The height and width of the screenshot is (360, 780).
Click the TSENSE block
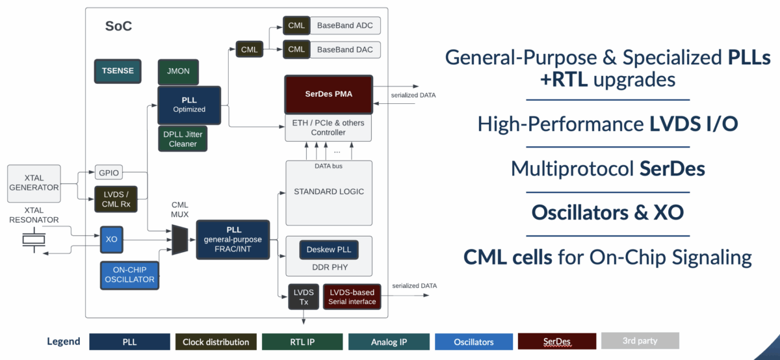pyautogui.click(x=118, y=71)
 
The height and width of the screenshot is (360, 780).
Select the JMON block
pyautogui.click(x=178, y=71)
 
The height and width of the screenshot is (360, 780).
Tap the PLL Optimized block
pyautogui.click(x=189, y=105)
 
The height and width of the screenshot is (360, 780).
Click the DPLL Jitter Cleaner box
pyautogui.click(x=183, y=139)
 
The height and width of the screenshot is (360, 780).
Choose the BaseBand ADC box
pyautogui.click(x=344, y=27)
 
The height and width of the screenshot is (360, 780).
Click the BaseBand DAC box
pyautogui.click(x=344, y=49)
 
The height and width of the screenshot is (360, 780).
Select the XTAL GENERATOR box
pyautogui.click(x=34, y=183)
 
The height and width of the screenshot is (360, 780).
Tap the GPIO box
pyautogui.click(x=109, y=174)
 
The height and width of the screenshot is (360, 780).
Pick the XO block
pyautogui.click(x=111, y=239)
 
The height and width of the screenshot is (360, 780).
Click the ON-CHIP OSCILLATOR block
pyautogui.click(x=129, y=275)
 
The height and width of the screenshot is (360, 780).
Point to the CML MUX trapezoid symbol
pyautogui.click(x=179, y=239)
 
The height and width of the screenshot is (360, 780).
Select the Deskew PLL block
pyautogui.click(x=328, y=250)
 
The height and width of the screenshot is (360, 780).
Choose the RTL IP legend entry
pyautogui.click(x=302, y=342)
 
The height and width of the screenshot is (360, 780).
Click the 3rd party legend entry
pyautogui.click(x=640, y=341)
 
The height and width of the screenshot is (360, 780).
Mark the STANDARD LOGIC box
pyautogui.click(x=329, y=192)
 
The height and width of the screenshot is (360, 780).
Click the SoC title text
pyautogui.click(x=118, y=27)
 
